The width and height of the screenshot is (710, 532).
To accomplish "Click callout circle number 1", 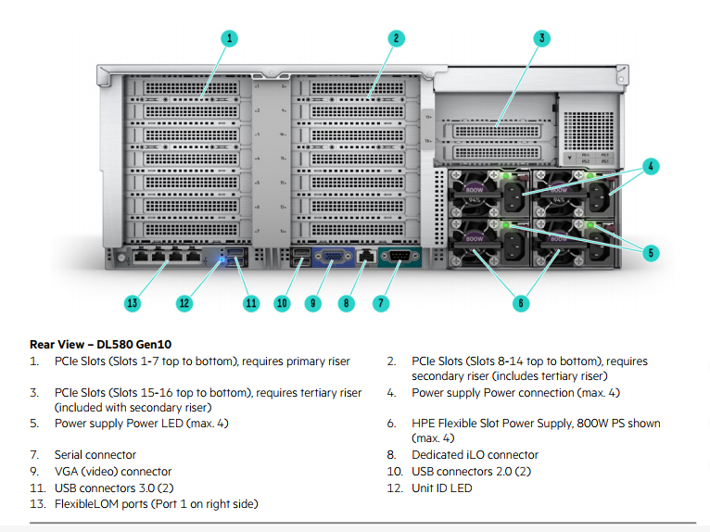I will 229,38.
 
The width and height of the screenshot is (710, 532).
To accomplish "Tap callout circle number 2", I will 396,38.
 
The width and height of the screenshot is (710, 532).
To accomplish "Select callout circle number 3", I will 542,38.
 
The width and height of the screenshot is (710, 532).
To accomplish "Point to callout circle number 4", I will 651,167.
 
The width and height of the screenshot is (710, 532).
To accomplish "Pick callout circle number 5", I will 651,251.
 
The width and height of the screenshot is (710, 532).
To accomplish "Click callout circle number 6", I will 521,302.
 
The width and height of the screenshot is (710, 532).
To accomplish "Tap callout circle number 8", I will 347,302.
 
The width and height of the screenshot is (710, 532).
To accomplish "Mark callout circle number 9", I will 313,302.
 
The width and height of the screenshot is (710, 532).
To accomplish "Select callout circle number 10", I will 282,302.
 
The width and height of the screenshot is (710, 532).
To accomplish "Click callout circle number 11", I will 250,302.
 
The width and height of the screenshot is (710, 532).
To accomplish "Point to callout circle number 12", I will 184,302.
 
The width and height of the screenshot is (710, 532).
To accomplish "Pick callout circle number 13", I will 133,302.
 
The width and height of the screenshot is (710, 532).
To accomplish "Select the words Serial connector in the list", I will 95,455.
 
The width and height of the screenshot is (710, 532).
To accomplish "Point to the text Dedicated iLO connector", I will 475,455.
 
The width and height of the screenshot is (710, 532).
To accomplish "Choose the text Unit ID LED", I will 442,488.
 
